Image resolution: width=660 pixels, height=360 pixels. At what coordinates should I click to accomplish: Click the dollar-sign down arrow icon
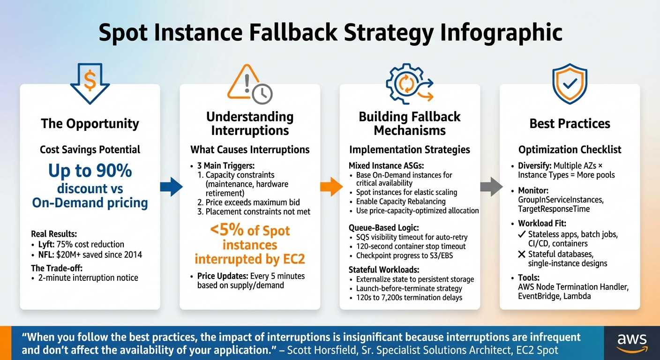point(90,83)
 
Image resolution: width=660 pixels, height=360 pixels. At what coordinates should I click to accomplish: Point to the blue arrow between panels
point(171,187)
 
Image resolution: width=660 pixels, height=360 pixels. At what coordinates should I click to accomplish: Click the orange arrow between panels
point(331,187)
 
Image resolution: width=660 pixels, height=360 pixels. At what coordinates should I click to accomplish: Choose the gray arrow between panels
point(491,187)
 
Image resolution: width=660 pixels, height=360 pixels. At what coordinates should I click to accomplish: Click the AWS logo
point(632,343)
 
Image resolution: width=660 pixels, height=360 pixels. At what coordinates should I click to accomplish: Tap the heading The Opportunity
point(90,124)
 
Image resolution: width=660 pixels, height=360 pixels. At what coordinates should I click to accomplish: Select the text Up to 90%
point(90,171)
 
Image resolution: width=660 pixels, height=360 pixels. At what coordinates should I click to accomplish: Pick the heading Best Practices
point(570,124)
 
